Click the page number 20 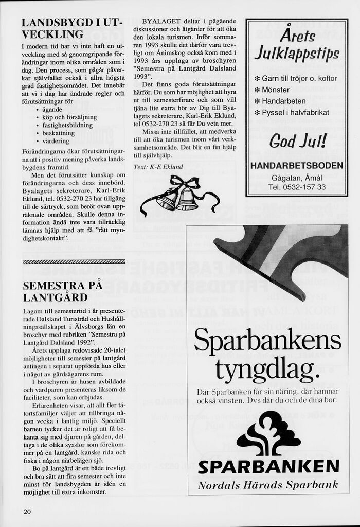click(27, 511)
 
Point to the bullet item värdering click(56, 140)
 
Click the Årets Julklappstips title click(297, 45)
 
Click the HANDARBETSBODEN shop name click(297, 165)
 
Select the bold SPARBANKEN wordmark click(268, 467)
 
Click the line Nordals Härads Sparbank click(268, 485)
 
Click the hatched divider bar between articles click(74, 261)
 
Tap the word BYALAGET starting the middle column click(161, 21)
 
